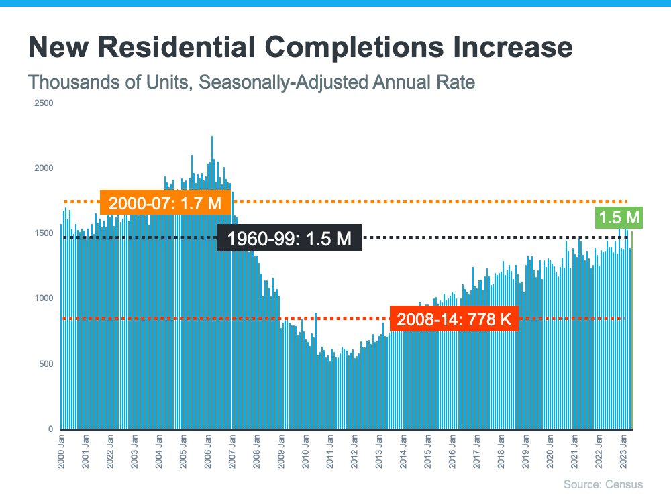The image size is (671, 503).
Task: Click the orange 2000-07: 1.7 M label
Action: coord(165,203)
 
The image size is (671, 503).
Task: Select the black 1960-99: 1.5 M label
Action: coord(289,238)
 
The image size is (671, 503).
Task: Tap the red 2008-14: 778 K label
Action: coord(454,319)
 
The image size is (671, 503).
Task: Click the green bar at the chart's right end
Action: coord(631,335)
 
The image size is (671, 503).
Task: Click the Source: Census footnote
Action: coord(603,484)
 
